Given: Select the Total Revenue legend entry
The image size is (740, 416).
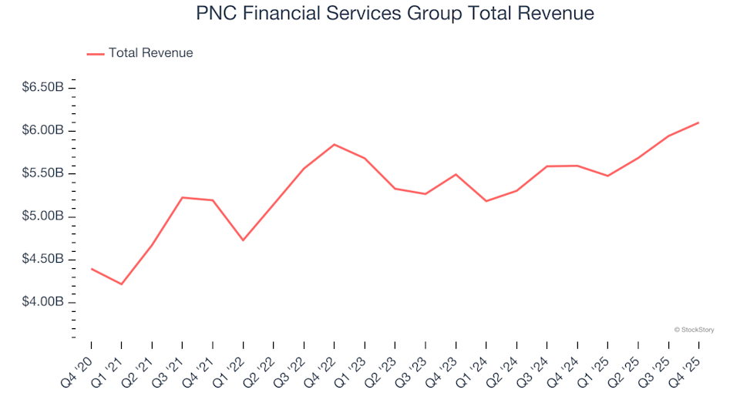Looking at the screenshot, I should click(150, 53).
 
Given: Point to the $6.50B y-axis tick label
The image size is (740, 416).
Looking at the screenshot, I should click(42, 88).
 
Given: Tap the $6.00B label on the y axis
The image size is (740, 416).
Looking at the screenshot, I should click(42, 130).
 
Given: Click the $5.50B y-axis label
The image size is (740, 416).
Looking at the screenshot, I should click(42, 173).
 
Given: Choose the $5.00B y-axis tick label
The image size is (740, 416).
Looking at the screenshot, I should click(42, 216).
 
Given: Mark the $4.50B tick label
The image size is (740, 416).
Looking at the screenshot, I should click(42, 259).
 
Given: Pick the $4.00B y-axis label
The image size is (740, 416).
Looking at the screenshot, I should click(42, 302).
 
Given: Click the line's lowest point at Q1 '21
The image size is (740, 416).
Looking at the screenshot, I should click(122, 284).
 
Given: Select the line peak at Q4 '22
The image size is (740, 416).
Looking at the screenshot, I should click(335, 144).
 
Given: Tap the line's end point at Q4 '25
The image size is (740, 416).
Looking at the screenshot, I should click(698, 122).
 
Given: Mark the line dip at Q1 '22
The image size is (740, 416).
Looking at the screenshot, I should click(244, 240).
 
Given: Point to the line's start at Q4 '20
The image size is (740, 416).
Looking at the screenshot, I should click(92, 269).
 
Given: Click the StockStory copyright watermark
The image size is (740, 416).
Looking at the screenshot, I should click(694, 330).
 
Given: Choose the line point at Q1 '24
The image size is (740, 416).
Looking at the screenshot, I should click(486, 201).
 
